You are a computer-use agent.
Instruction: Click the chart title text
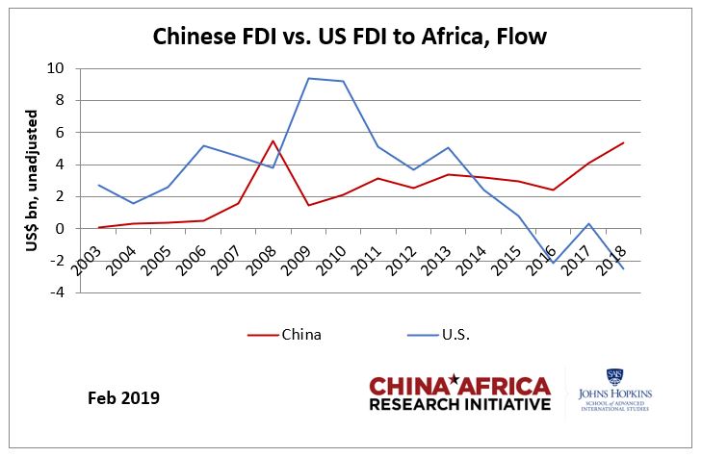click(x=351, y=38)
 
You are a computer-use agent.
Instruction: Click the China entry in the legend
click(x=301, y=335)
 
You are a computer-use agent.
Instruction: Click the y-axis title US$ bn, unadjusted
click(x=31, y=178)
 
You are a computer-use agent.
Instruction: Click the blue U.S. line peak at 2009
click(x=308, y=78)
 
